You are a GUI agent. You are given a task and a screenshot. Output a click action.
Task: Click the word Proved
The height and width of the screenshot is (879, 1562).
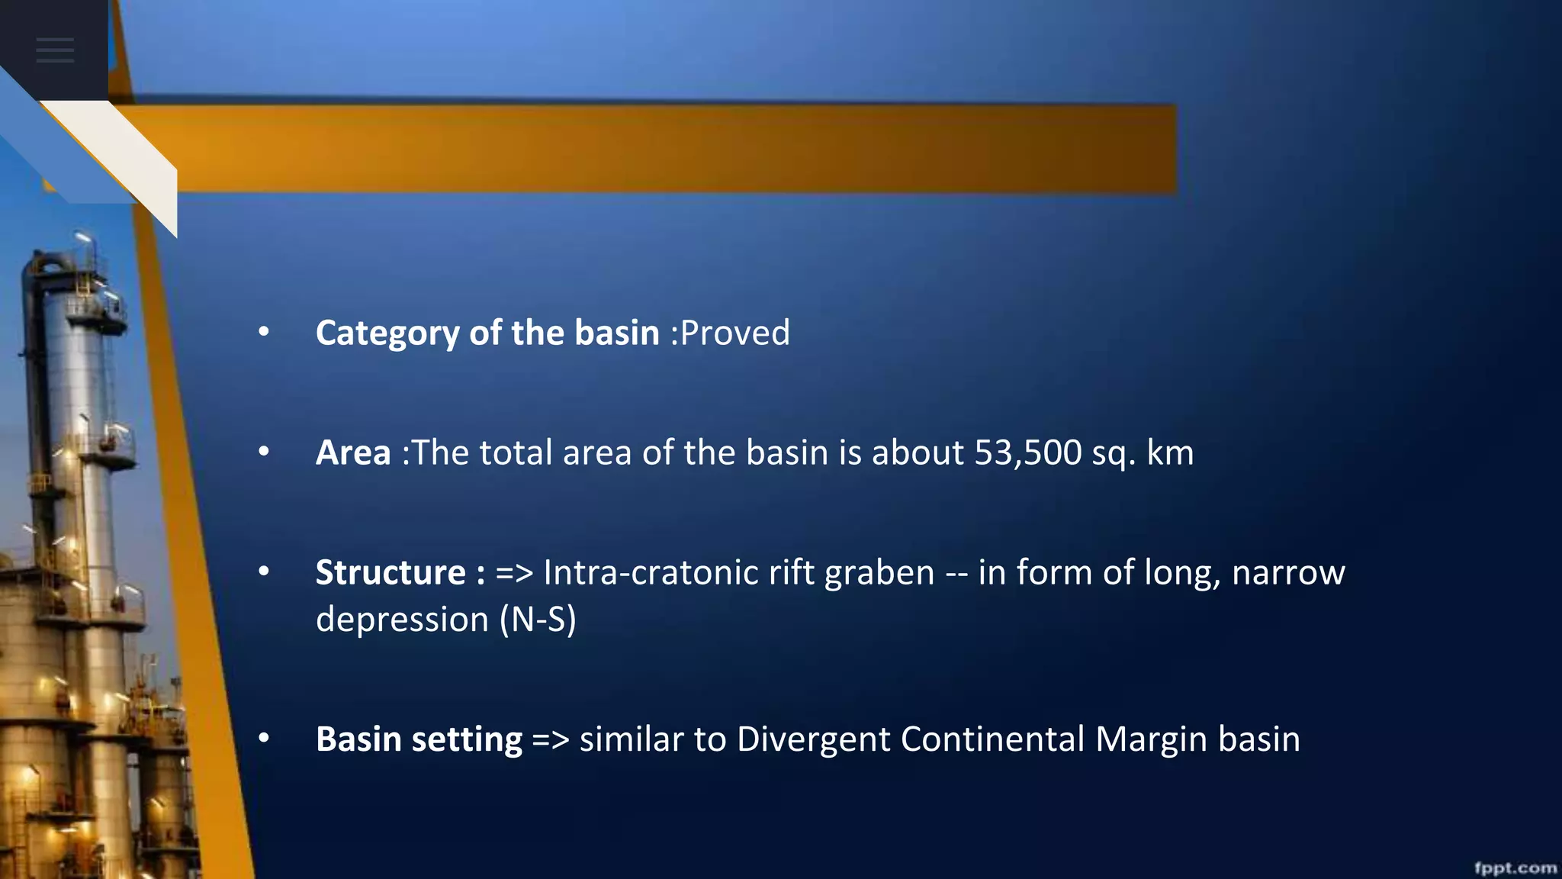click(x=735, y=333)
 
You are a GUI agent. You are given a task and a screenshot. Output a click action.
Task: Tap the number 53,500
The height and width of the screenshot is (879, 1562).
click(x=1027, y=452)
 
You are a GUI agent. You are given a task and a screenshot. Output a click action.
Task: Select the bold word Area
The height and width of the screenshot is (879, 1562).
click(x=353, y=452)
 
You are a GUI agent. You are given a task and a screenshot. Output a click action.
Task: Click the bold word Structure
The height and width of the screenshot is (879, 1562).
click(x=390, y=572)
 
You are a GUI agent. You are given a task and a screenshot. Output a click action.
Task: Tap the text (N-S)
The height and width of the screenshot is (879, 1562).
click(x=538, y=619)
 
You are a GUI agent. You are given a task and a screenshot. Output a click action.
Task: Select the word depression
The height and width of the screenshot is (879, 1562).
click(x=402, y=619)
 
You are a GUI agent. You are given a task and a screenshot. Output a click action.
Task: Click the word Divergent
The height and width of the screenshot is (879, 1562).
click(x=812, y=739)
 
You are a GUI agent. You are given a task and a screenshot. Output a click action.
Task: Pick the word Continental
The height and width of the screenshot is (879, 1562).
click(x=992, y=739)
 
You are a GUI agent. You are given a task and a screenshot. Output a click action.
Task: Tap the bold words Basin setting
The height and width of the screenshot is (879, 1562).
click(x=419, y=739)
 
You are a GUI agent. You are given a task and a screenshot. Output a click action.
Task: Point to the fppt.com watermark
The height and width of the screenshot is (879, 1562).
click(x=1515, y=868)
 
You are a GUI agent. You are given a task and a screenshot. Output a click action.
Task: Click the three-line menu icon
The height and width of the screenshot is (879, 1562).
click(x=55, y=50)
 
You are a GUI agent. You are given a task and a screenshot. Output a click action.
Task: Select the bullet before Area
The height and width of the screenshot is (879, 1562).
click(x=264, y=452)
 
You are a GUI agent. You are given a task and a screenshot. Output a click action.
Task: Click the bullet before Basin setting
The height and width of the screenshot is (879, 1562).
click(x=264, y=738)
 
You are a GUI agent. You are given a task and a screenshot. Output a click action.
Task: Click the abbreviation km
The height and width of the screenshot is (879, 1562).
click(x=1170, y=452)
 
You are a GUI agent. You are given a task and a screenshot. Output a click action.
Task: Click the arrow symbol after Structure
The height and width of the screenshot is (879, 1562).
click(x=514, y=573)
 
